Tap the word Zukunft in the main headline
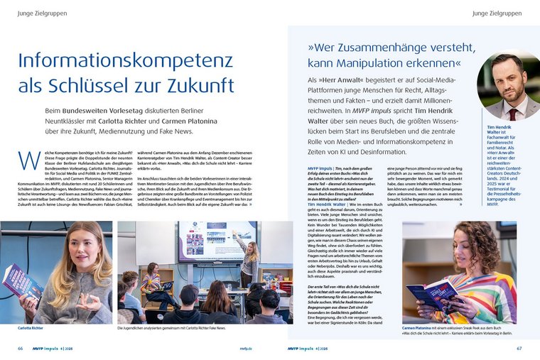202,86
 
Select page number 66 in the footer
21,349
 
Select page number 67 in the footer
519,349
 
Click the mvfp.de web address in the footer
264,349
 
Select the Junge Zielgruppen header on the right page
495,13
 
